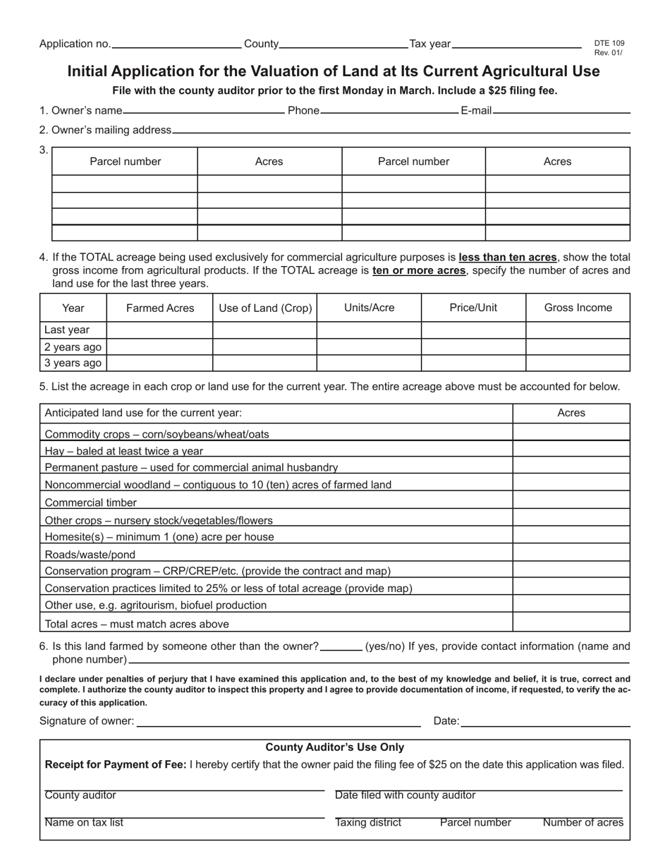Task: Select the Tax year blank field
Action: pos(516,45)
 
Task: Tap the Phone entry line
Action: pos(389,111)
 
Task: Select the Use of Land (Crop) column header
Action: pos(265,308)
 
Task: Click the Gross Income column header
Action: pos(578,308)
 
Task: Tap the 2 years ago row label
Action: pos(73,346)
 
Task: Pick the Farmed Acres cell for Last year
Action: pos(159,330)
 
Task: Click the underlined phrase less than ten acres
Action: pos(508,258)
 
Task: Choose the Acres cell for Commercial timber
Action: pos(571,502)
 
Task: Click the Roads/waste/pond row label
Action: pos(90,555)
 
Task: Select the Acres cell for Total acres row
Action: pos(571,623)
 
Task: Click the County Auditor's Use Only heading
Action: pos(334,747)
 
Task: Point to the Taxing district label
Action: pos(368,823)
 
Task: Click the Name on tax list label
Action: pos(84,823)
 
